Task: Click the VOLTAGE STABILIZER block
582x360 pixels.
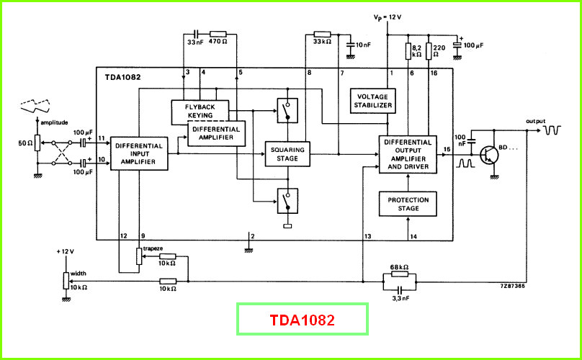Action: coord(372,101)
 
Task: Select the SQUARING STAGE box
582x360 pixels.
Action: coord(287,154)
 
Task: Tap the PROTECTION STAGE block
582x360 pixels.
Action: coord(408,204)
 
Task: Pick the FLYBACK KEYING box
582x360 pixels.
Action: coord(200,111)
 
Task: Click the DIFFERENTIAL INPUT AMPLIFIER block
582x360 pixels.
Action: coord(139,153)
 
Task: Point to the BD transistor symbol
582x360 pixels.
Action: coord(488,156)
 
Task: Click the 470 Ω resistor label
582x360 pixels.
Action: coord(218,42)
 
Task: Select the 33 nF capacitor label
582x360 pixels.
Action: coord(195,42)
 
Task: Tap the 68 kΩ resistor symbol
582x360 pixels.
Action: coord(399,274)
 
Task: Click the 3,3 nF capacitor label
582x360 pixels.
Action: coord(400,298)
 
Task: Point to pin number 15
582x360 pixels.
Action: coord(447,149)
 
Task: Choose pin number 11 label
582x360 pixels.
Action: coord(102,138)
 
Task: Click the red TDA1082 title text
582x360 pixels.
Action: coord(302,320)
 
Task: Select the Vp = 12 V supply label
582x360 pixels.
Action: coord(387,17)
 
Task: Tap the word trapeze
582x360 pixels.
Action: coord(153,248)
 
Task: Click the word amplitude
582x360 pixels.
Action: coord(54,122)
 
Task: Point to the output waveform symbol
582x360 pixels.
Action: coord(552,130)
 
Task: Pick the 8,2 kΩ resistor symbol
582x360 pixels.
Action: coord(408,51)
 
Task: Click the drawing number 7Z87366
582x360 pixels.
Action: coord(512,286)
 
